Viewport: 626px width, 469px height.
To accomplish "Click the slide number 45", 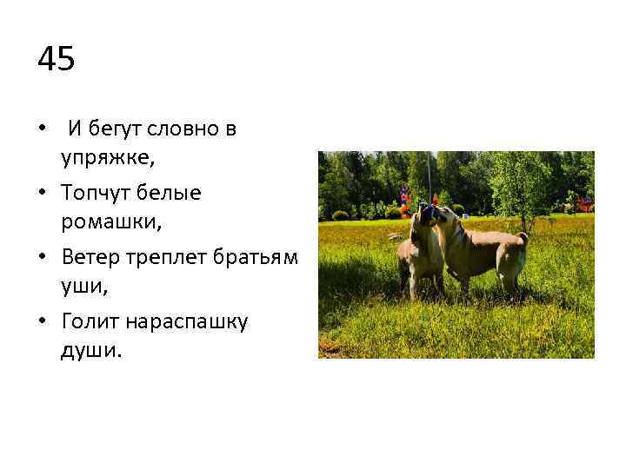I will (x=57, y=60).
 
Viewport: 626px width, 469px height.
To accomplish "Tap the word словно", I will (x=183, y=129).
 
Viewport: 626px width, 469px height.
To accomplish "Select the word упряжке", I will (x=106, y=159).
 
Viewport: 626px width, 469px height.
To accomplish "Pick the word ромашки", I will (x=109, y=222).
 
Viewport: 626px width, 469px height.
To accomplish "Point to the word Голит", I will (x=91, y=321).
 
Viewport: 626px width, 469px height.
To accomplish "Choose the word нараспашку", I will (x=187, y=321).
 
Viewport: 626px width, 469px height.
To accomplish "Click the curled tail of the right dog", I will (x=523, y=237).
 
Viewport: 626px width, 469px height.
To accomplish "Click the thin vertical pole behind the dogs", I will (x=429, y=178).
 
